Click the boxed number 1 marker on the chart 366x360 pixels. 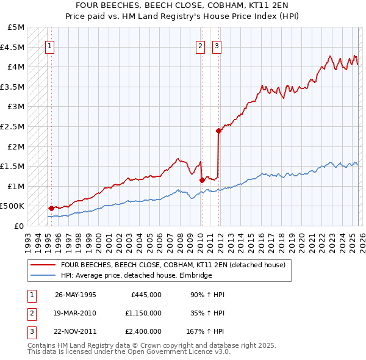(x=49, y=45)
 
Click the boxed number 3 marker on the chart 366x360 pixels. (x=217, y=45)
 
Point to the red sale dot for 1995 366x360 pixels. (x=51, y=208)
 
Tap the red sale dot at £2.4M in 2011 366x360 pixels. (x=218, y=130)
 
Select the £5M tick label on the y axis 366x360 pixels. (x=16, y=27)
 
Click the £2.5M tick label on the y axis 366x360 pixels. (x=13, y=126)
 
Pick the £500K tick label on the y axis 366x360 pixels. (x=13, y=206)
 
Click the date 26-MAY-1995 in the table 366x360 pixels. (x=76, y=295)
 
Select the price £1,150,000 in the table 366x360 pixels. (x=143, y=314)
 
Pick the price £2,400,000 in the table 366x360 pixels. (x=143, y=332)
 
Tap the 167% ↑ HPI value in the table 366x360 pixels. (x=205, y=332)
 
